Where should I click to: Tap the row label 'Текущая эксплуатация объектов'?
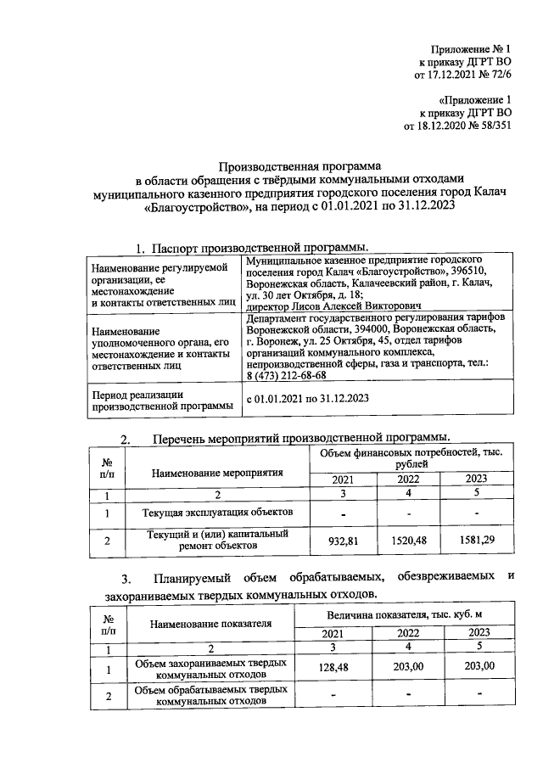click(219, 513)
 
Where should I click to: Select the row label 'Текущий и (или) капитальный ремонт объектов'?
click(218, 540)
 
